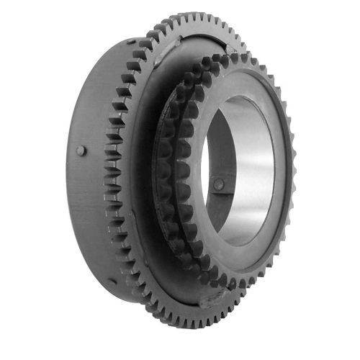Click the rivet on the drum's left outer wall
pyautogui.click(x=81, y=150)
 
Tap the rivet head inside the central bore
pyautogui.click(x=217, y=185)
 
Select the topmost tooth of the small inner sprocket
pyautogui.click(x=229, y=55)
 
